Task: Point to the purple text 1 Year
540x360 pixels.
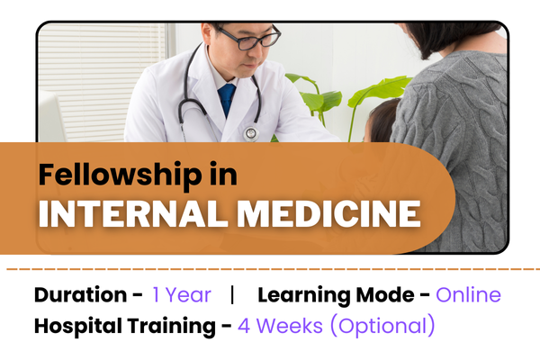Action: (182, 295)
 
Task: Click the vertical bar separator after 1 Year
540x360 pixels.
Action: (233, 295)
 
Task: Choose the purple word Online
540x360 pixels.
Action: (468, 295)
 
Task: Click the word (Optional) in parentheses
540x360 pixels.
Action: (382, 326)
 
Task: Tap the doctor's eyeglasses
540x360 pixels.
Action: (247, 39)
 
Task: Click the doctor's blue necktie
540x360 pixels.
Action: (228, 99)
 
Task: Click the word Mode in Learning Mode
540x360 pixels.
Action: (394, 295)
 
